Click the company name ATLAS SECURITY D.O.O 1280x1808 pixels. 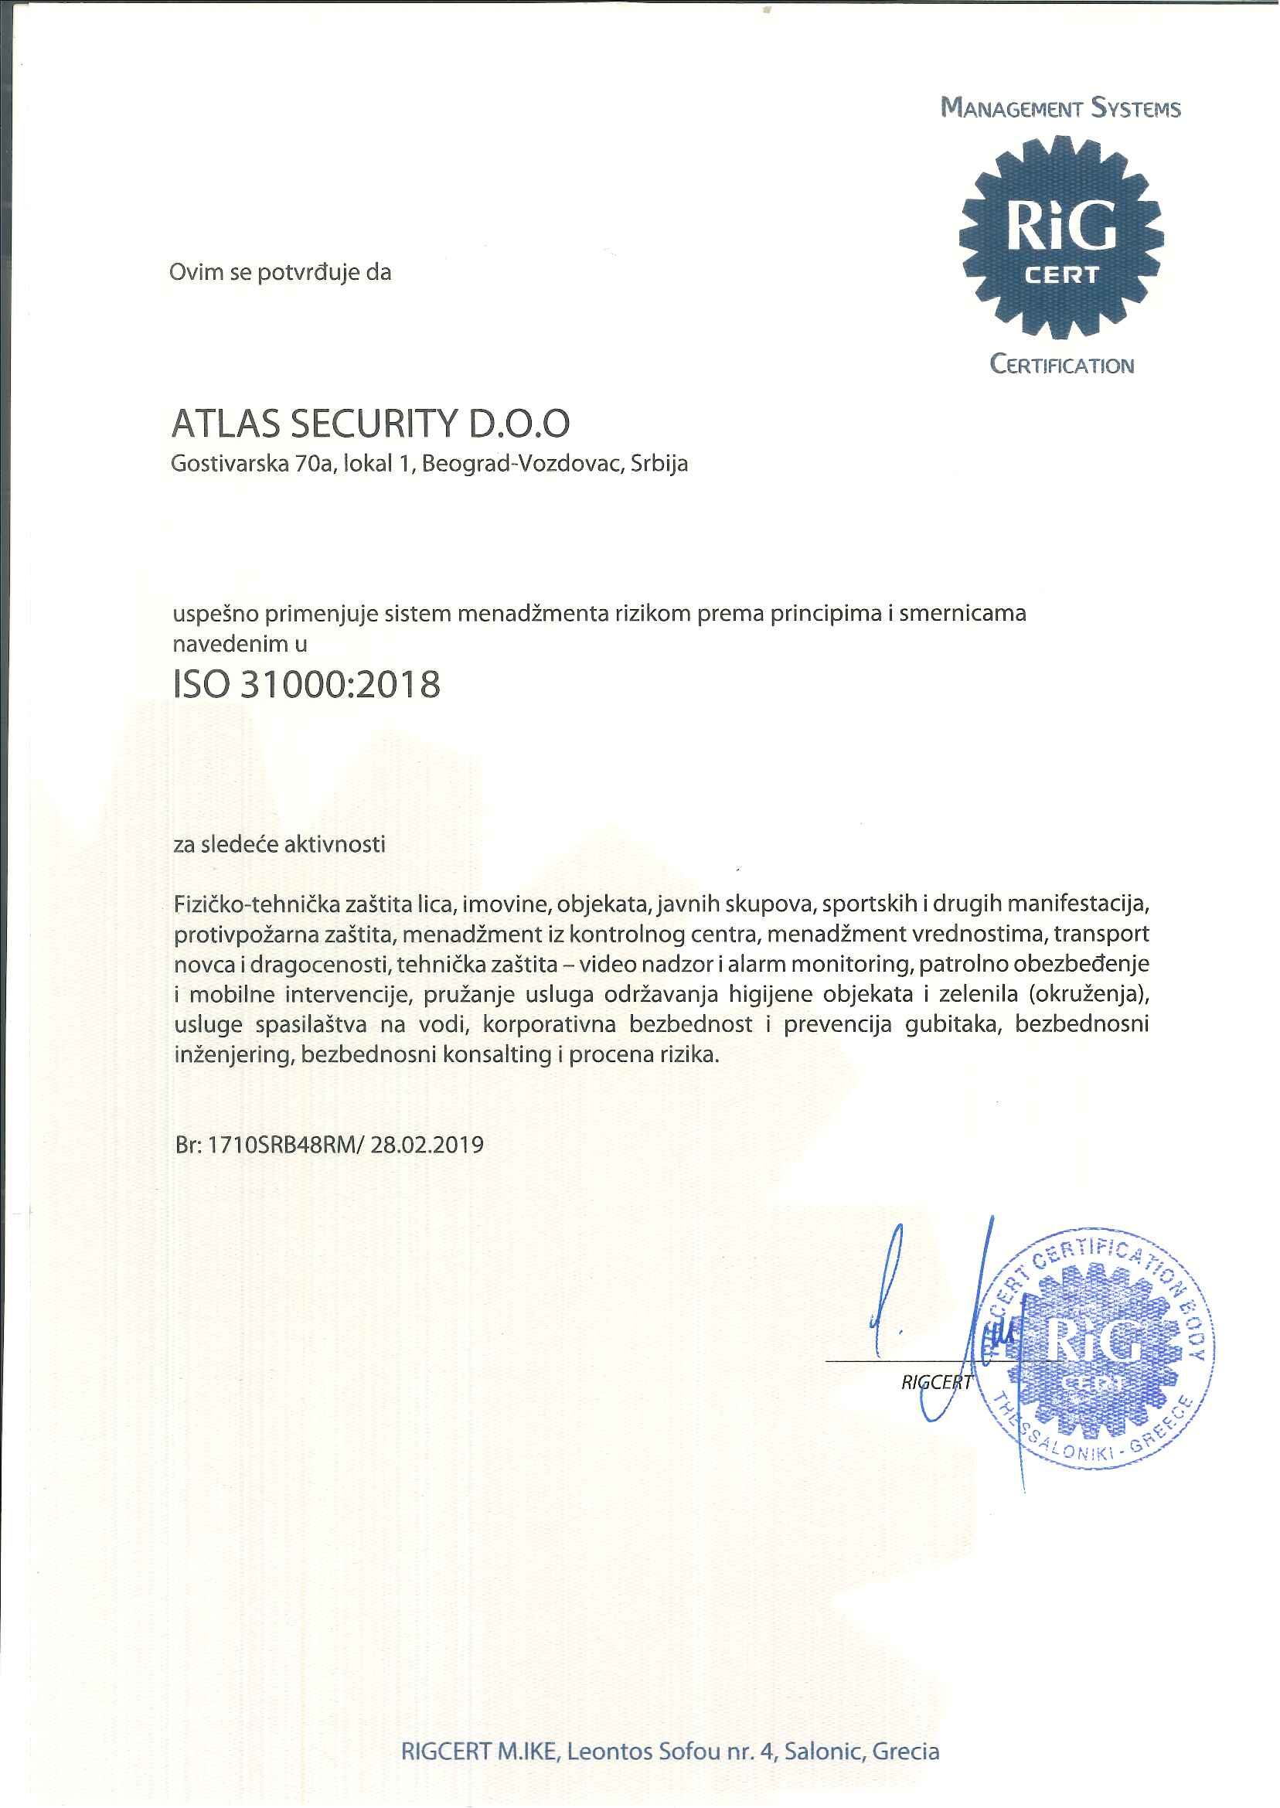pyautogui.click(x=370, y=424)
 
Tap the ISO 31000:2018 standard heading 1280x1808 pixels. pyautogui.click(x=307, y=685)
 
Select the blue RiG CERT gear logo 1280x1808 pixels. pyautogui.click(x=1061, y=237)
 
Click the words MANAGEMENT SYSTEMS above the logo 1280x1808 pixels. pyautogui.click(x=1061, y=108)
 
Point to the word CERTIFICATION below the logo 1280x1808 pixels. pyautogui.click(x=1062, y=365)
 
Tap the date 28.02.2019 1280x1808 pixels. pyautogui.click(x=427, y=1146)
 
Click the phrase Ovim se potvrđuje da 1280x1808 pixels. pyautogui.click(x=280, y=273)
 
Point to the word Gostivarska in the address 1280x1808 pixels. pyautogui.click(x=230, y=464)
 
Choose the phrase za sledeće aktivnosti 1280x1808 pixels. pyautogui.click(x=279, y=845)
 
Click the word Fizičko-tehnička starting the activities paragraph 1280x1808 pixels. pyautogui.click(x=256, y=904)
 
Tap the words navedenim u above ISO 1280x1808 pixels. pyautogui.click(x=240, y=645)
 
